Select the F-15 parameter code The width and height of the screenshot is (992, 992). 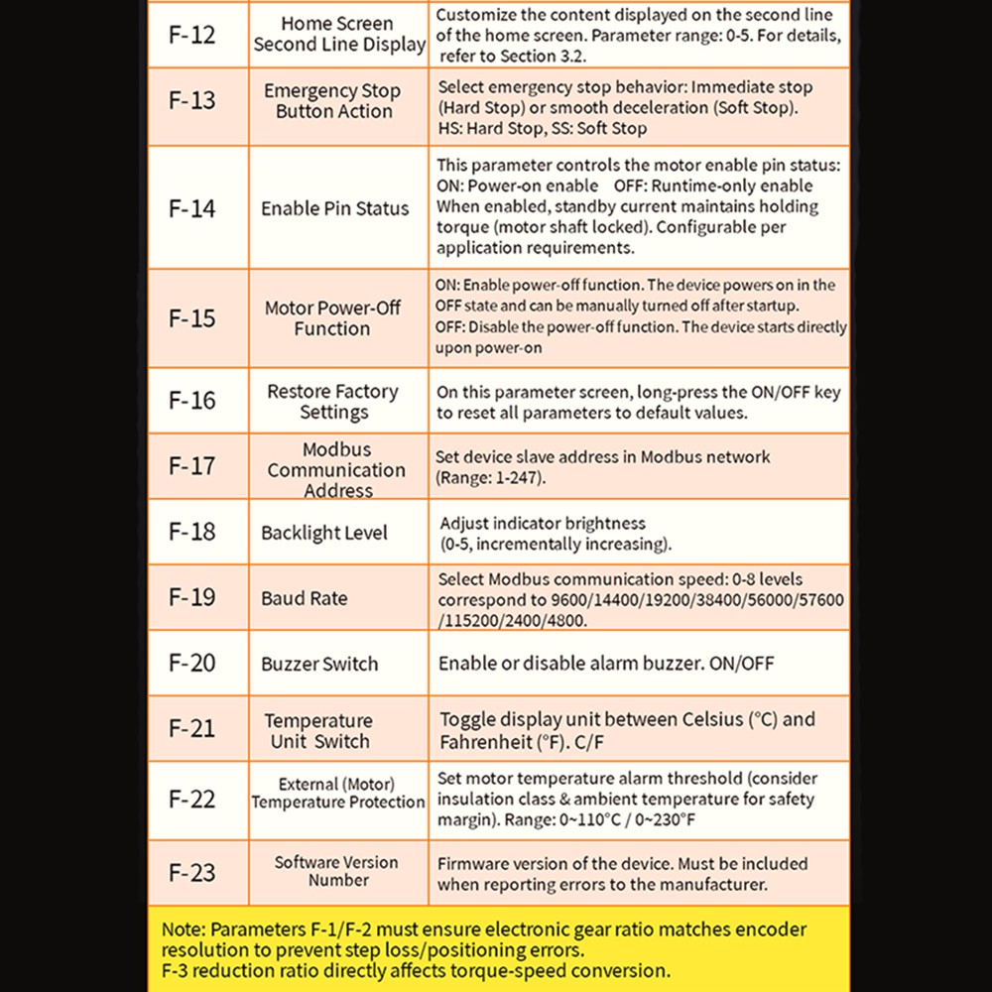(191, 318)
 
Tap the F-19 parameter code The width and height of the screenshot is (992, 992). (191, 597)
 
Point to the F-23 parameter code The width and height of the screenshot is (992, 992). (191, 873)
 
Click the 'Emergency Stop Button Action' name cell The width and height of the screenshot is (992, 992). (333, 101)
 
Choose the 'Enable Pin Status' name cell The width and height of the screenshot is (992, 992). (334, 208)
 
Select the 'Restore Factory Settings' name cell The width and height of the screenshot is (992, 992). (333, 402)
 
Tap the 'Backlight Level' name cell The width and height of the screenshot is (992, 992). (324, 533)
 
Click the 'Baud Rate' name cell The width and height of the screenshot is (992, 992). (305, 598)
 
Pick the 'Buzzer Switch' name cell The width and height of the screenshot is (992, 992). (319, 664)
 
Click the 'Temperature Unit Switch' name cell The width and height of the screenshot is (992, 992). (319, 731)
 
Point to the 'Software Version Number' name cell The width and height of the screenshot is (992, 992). (337, 872)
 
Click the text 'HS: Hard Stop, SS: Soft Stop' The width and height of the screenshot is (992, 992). (542, 129)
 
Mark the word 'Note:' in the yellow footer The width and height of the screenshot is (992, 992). (184, 930)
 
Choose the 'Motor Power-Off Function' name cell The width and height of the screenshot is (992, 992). (333, 318)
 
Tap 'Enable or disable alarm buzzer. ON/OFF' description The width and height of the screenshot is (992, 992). (606, 664)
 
